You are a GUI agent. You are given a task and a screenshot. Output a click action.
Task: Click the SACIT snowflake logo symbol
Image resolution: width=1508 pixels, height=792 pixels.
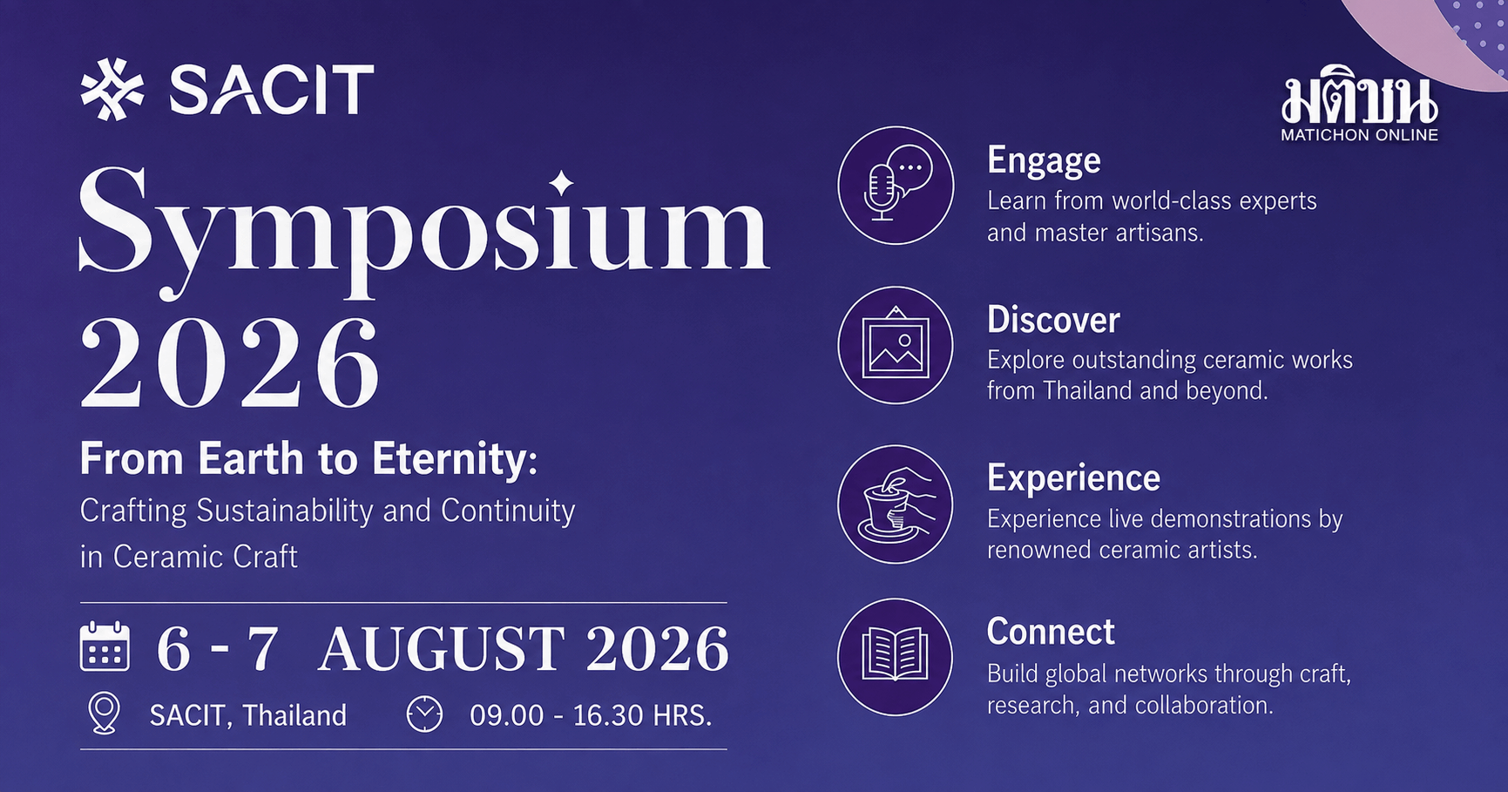point(112,89)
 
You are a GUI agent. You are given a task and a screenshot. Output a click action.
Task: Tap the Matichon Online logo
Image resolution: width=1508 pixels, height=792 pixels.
point(1359,105)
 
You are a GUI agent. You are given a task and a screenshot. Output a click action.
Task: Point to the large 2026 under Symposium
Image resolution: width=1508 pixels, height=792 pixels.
point(230,363)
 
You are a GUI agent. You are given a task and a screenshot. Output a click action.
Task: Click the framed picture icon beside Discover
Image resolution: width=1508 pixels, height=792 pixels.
point(896,345)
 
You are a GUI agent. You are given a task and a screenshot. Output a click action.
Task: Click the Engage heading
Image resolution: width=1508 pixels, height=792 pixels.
point(1044,161)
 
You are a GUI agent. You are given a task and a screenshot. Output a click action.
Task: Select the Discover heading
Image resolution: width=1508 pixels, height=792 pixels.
point(1053,320)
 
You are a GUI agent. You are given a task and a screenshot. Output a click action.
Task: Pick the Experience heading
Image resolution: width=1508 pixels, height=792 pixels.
point(1073,478)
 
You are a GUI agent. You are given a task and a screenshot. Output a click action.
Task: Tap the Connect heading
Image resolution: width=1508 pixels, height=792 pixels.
point(1051,632)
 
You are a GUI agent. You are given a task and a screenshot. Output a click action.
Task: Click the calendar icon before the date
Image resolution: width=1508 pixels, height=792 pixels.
point(105,646)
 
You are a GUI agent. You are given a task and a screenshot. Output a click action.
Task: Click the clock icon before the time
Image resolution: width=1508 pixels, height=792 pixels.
point(425,714)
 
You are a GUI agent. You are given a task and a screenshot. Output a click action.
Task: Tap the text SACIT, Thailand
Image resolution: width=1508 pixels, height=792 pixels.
point(248,715)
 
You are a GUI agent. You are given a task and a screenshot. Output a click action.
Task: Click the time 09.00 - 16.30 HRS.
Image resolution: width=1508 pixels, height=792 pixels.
point(591,715)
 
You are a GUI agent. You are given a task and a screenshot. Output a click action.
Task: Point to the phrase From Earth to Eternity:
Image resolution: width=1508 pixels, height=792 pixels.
point(308,459)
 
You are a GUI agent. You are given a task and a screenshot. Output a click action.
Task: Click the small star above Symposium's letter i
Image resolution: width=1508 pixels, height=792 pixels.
point(562,182)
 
